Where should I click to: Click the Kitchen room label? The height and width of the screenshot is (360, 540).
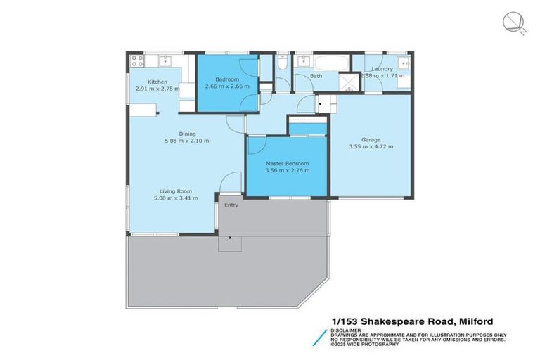point(157,82)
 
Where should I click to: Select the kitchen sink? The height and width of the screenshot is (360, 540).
point(164,59)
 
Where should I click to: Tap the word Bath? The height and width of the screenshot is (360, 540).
point(316,76)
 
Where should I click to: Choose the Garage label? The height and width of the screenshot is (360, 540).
point(371,139)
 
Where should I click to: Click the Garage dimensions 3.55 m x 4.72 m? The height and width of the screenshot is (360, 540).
point(371,147)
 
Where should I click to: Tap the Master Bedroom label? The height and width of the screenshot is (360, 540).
point(287,163)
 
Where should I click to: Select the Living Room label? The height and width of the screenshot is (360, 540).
point(176,191)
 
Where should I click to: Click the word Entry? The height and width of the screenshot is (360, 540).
point(231,205)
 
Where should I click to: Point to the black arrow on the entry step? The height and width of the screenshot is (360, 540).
point(229,238)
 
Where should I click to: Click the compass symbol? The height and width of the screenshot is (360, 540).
point(513,22)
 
